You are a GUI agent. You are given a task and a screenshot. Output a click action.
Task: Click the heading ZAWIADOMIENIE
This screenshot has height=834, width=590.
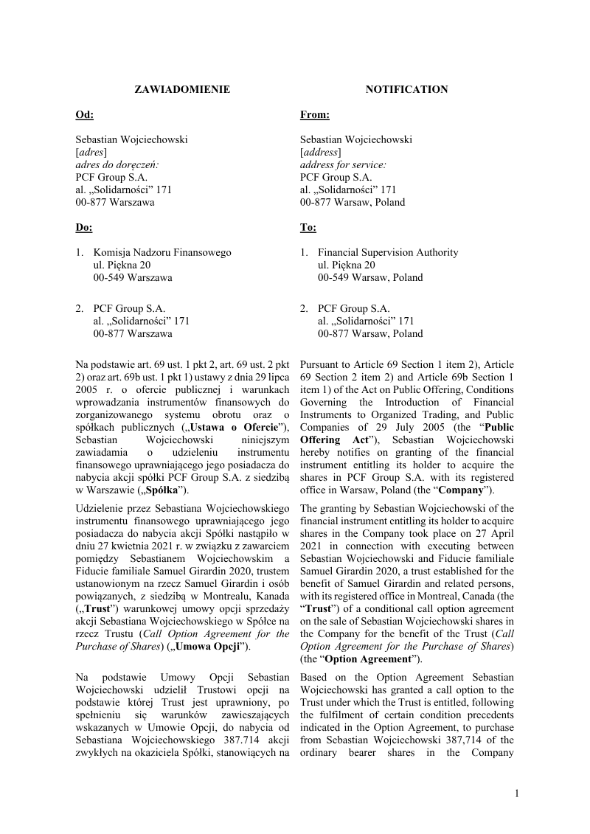(x=181, y=89)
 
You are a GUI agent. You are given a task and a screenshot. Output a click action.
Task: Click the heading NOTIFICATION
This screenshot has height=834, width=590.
(x=406, y=89)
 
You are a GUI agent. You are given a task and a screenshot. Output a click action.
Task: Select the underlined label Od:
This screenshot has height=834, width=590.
(x=85, y=114)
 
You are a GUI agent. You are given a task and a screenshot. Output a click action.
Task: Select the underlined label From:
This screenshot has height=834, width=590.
(x=314, y=114)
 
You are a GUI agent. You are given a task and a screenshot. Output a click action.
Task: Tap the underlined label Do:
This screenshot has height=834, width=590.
(x=84, y=227)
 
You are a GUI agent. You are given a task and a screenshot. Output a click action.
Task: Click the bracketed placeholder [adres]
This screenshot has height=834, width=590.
(x=91, y=152)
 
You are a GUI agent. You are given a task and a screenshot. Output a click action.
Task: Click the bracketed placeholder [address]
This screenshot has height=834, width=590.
(x=320, y=152)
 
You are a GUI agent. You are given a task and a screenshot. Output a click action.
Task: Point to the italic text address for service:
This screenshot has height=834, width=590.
(x=343, y=164)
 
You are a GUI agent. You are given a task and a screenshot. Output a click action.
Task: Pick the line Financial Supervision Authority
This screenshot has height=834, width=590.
(x=388, y=252)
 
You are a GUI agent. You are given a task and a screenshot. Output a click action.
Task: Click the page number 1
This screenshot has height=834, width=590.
(x=517, y=793)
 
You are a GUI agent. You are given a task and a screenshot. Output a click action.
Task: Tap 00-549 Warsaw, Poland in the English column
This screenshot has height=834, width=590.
(x=370, y=277)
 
